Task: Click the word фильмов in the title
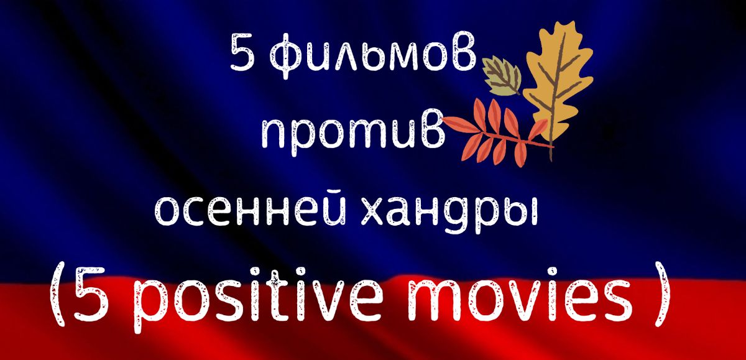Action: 372,55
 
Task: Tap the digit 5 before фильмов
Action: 243,53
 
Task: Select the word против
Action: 353,132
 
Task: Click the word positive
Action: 258,299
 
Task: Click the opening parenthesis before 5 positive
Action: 57,293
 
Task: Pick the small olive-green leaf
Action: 502,76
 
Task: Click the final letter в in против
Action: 432,128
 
